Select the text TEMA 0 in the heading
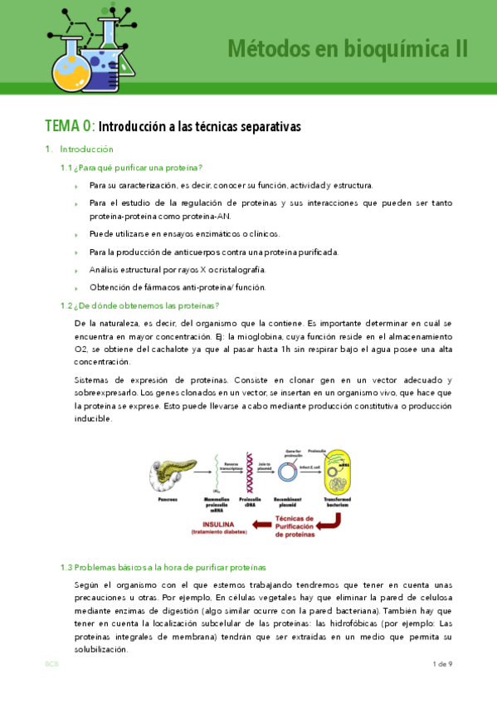(x=69, y=127)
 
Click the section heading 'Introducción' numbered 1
(x=85, y=149)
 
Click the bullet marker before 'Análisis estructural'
(x=79, y=271)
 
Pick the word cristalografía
(x=232, y=270)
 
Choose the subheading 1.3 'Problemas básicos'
(x=163, y=568)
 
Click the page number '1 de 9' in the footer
(x=441, y=664)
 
